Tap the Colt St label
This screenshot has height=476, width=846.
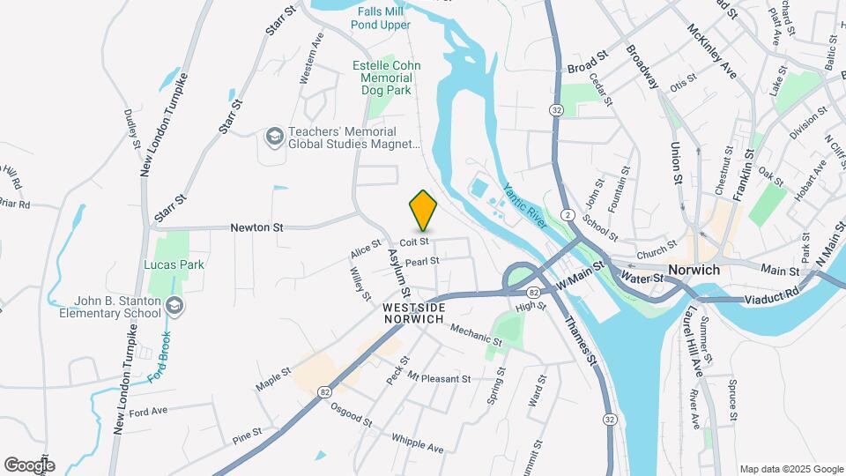pyautogui.click(x=413, y=242)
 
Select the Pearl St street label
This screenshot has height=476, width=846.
pyautogui.click(x=422, y=261)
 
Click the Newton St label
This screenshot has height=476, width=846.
pyautogui.click(x=256, y=227)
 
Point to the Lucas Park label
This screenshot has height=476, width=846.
pyautogui.click(x=175, y=264)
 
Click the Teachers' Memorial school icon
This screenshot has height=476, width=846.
pyautogui.click(x=274, y=137)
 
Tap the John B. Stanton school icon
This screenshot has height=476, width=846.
pyautogui.click(x=175, y=305)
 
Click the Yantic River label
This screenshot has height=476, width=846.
pyautogui.click(x=526, y=205)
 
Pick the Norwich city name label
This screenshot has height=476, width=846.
pyautogui.click(x=694, y=270)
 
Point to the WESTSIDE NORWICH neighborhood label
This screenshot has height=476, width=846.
pyautogui.click(x=413, y=312)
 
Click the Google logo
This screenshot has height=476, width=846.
pyautogui.click(x=29, y=465)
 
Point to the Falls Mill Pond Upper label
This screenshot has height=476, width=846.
pyautogui.click(x=382, y=18)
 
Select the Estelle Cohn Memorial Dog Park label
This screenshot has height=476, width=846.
pyautogui.click(x=386, y=78)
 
